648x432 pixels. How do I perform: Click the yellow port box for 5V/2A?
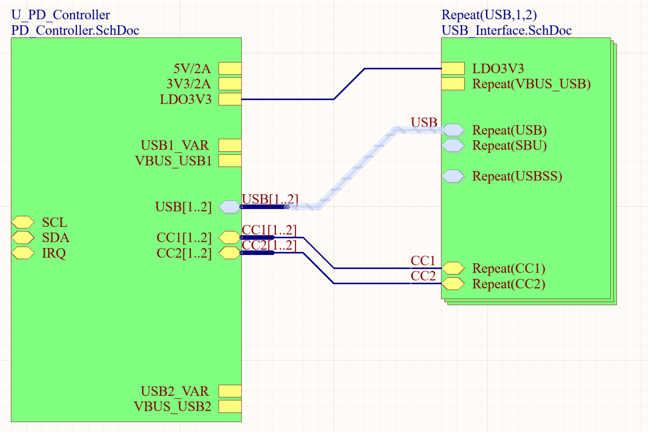(230, 68)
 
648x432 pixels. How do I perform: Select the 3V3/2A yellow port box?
(230, 84)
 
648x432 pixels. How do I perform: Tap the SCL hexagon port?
(23, 222)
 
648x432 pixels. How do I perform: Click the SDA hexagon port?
(23, 237)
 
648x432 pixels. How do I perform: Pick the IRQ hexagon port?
(23, 253)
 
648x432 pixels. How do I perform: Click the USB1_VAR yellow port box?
(230, 145)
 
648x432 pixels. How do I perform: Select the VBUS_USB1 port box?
(230, 161)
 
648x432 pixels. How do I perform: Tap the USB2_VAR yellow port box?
(230, 391)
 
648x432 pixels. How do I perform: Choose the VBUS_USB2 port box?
(230, 406)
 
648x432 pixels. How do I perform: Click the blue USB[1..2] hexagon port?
(230, 207)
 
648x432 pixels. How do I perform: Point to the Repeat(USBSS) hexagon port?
(453, 176)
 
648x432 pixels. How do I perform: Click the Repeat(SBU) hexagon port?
(453, 145)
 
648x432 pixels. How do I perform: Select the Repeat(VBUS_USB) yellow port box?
(453, 84)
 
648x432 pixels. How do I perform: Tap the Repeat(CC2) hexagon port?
(453, 283)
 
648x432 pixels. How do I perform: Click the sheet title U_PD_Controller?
(60, 15)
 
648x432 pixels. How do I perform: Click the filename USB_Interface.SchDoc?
(507, 30)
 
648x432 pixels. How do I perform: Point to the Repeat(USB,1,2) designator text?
(489, 15)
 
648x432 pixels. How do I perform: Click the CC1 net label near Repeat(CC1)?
(423, 261)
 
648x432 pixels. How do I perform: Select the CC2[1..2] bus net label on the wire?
(269, 245)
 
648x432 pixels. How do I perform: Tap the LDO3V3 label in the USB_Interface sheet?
(498, 69)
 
